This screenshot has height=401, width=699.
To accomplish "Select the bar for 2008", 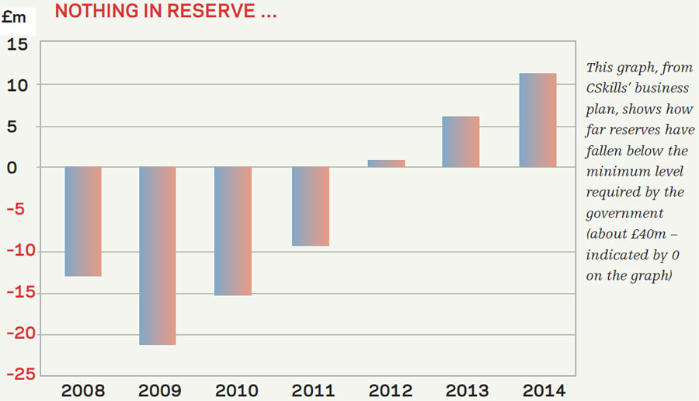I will click(83, 221).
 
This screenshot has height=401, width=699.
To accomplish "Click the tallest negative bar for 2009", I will click(158, 256).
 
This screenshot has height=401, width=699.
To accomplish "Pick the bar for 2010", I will click(233, 231).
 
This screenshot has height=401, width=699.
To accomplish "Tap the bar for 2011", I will click(310, 206).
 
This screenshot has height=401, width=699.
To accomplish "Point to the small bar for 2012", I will click(386, 163).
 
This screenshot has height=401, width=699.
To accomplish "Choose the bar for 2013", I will click(461, 141).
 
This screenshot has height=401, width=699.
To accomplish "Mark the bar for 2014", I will click(537, 120).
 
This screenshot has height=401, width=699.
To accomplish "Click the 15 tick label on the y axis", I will click(17, 45).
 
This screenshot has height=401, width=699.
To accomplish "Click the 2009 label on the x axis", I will click(158, 389).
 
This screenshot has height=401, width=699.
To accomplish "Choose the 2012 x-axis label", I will click(386, 389).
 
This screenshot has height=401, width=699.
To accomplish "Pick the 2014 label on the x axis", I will click(537, 389).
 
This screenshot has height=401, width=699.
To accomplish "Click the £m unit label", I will click(15, 17).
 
